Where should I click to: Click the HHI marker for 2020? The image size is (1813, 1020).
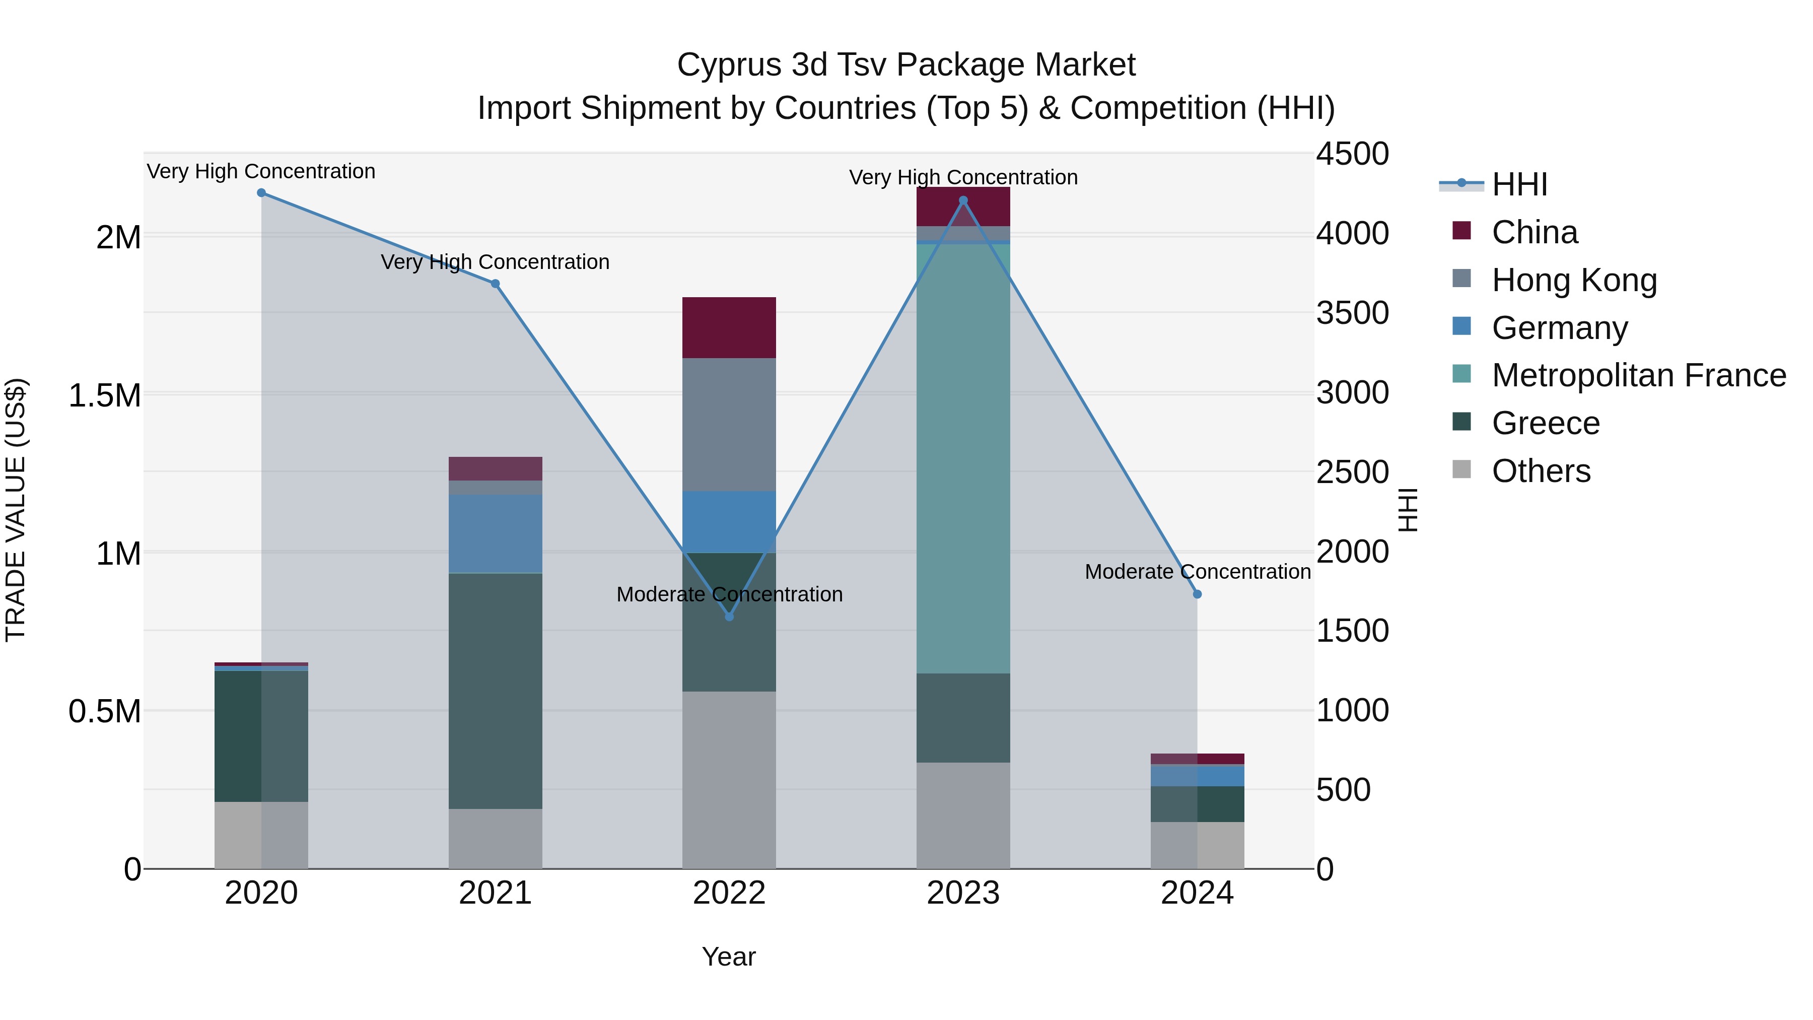pos(261,193)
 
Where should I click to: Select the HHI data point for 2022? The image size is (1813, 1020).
pos(729,617)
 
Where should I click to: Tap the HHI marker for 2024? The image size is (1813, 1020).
pos(1197,594)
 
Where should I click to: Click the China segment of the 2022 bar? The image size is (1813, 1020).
pos(729,327)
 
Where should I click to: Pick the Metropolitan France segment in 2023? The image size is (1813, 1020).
pos(963,457)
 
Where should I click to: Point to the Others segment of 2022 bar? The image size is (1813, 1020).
pos(729,779)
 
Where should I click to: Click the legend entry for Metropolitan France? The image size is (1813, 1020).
pos(1638,375)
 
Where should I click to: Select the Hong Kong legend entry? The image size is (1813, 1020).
pos(1574,280)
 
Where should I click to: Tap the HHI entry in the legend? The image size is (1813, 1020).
pos(1519,184)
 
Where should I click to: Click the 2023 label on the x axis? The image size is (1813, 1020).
pos(963,893)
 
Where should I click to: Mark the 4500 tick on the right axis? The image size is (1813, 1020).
pos(1352,154)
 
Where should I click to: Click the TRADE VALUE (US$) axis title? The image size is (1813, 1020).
pos(16,510)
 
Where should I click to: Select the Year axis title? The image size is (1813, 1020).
pos(728,957)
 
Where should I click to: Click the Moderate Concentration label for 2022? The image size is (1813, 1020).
pos(729,594)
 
